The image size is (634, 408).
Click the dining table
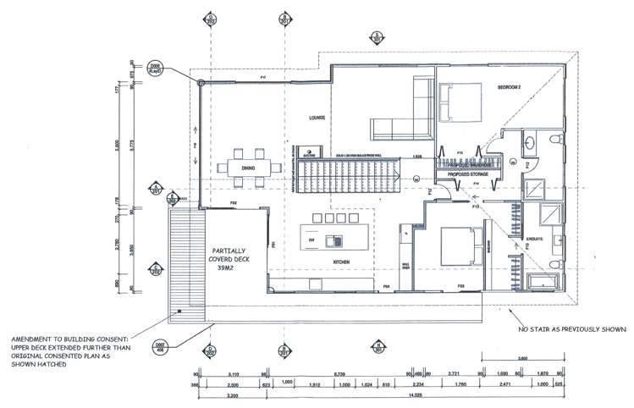(x=247, y=164)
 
